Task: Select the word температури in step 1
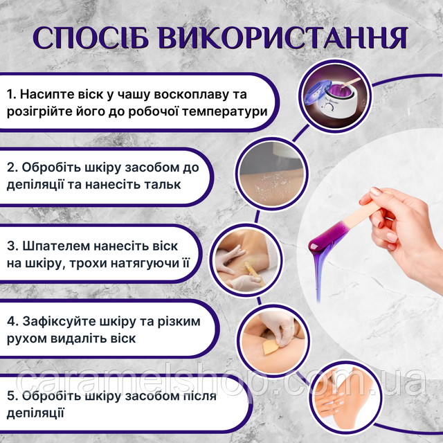click(x=225, y=111)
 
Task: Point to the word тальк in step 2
click(x=163, y=185)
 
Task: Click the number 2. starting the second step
click(x=12, y=168)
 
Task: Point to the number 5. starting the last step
click(x=12, y=396)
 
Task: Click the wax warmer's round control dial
click(x=329, y=107)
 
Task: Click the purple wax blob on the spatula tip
click(x=325, y=238)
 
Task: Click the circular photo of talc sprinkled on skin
click(x=272, y=174)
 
